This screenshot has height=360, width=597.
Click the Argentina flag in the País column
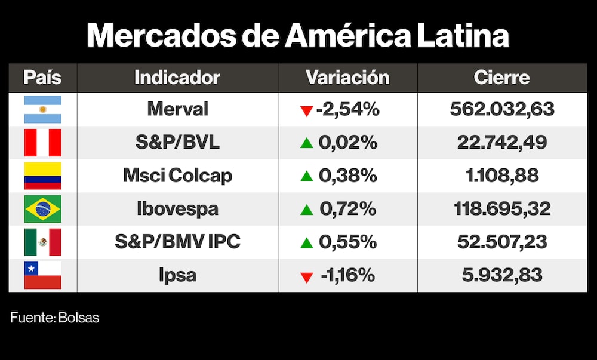coord(42,109)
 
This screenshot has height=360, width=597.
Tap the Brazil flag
coord(42,209)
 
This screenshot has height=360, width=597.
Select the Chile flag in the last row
coord(42,275)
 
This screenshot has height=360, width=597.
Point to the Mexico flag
coord(42,242)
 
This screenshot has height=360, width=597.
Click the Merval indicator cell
coord(177,109)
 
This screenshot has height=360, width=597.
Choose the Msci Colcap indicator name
coord(177,176)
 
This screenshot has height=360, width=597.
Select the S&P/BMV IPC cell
coord(177,242)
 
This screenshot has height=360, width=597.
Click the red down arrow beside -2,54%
coord(307,111)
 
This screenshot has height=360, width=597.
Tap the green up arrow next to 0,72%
coord(307,210)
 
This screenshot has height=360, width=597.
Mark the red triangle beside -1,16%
coord(307,277)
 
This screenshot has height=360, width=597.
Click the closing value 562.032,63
coord(501,109)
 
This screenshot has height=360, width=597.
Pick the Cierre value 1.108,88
coord(501,176)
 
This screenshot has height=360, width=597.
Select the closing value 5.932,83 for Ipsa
coord(501,275)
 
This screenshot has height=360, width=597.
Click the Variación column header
coord(347,78)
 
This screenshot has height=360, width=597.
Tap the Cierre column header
coord(501,78)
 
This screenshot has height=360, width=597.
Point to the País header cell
coord(42,78)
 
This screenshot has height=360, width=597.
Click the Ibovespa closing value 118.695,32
coord(501,209)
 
